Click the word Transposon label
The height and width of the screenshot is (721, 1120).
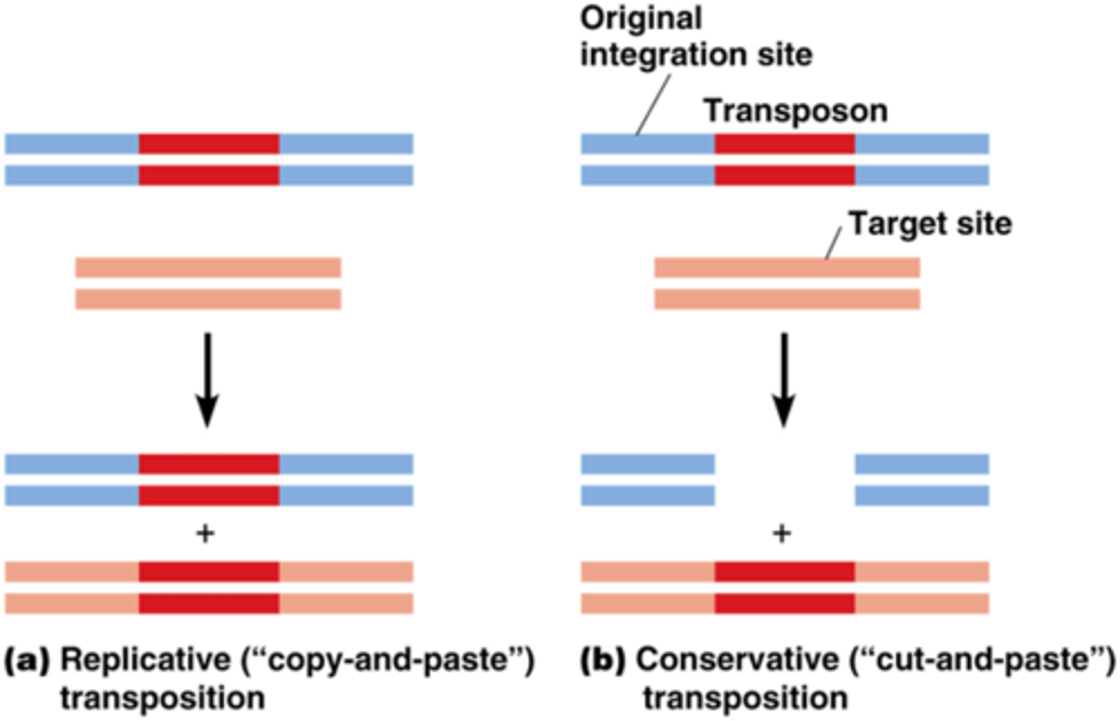(x=795, y=111)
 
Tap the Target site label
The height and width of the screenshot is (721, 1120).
(x=929, y=224)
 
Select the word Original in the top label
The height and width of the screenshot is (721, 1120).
(x=641, y=19)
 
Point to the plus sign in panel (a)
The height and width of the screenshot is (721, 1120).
(x=205, y=534)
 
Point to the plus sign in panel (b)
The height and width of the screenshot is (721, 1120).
(x=782, y=534)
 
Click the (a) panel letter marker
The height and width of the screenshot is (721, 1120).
(x=27, y=660)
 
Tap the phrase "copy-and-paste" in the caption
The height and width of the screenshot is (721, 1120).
(x=387, y=660)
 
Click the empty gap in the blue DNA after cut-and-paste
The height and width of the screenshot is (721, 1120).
(x=784, y=480)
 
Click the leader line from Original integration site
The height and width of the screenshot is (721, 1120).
(x=653, y=105)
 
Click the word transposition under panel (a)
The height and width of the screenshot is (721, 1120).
(x=163, y=698)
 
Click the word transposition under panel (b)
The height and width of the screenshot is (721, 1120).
(x=744, y=698)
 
